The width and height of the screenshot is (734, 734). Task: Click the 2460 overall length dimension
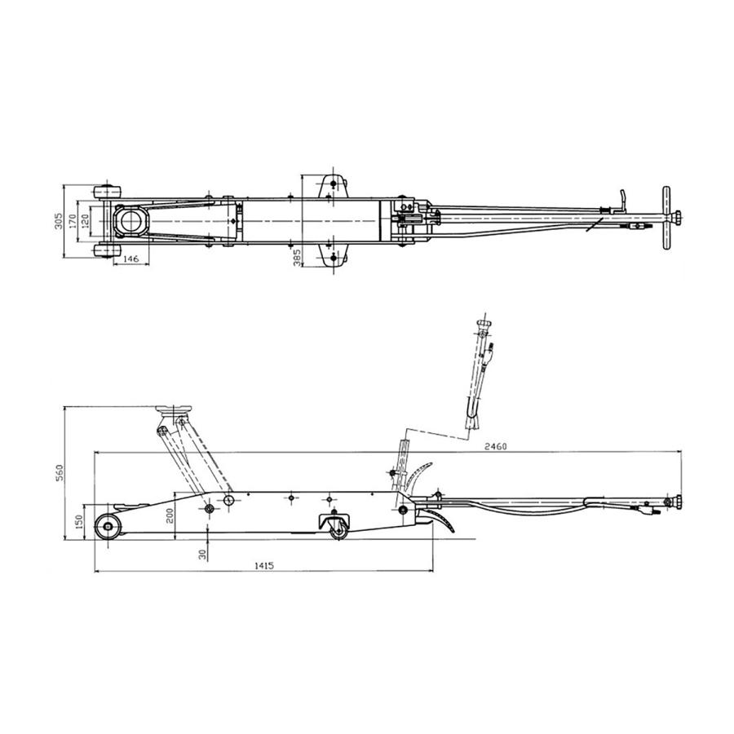click(x=496, y=447)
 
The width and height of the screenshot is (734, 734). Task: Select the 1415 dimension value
click(x=264, y=565)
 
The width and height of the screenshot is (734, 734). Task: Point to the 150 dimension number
click(x=78, y=521)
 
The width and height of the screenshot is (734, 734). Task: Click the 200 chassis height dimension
click(x=170, y=515)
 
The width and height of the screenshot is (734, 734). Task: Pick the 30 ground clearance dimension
click(x=202, y=555)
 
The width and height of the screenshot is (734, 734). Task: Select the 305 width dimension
click(x=58, y=221)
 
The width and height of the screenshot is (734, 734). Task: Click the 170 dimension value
click(x=72, y=221)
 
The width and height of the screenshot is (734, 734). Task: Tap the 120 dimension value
click(x=84, y=221)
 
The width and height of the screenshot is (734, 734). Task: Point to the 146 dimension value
click(x=131, y=259)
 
